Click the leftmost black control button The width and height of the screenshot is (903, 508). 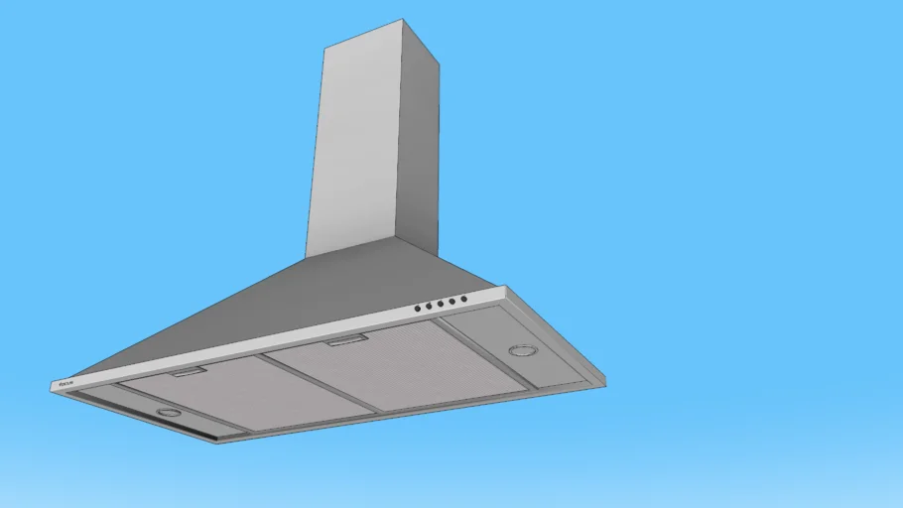click(418, 309)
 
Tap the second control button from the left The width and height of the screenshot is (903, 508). click(429, 306)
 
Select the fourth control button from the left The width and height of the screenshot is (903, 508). click(451, 301)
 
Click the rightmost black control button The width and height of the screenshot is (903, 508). click(463, 299)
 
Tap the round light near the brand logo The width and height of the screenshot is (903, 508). click(169, 412)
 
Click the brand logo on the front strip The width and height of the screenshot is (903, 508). click(68, 382)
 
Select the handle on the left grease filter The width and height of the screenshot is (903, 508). click(188, 372)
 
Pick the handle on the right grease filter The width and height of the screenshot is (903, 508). click(347, 340)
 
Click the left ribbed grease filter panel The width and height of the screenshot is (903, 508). click(248, 392)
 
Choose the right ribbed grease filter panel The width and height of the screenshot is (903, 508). click(407, 362)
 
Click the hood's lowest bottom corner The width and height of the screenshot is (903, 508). click(217, 442)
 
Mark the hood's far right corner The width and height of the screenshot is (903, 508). click(603, 382)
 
